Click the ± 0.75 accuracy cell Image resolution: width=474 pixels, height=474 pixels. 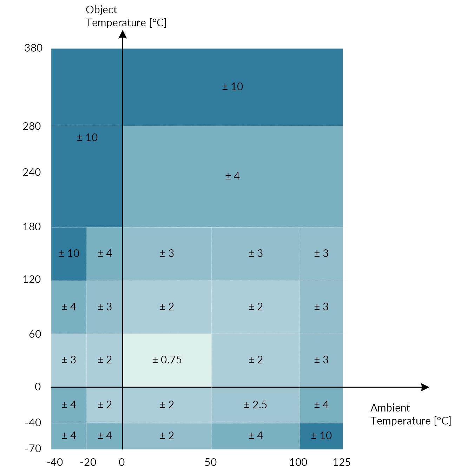coord(167,360)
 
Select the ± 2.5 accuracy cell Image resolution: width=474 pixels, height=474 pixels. coord(255,404)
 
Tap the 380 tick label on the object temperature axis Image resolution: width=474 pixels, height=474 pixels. coord(33,48)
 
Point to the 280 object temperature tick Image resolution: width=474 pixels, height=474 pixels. coord(32,126)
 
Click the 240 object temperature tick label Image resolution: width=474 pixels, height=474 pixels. coord(32,172)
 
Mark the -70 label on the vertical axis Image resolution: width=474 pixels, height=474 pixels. coord(33,448)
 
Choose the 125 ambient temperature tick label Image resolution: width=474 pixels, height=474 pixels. coord(341,462)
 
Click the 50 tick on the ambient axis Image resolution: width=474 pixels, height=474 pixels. coord(211,462)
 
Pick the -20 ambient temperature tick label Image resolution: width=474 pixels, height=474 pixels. coord(88,462)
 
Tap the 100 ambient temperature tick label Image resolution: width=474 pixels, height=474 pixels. coord(298,462)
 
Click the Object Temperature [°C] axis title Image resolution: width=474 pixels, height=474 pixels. coord(126,16)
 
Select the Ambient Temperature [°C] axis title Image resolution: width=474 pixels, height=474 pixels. coord(410,414)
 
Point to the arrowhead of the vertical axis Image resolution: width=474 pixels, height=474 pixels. coord(123,34)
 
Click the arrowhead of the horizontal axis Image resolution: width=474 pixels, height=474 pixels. coord(425,387)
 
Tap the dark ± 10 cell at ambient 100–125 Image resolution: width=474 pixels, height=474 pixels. coord(321,436)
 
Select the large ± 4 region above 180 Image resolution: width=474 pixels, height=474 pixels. coord(232,176)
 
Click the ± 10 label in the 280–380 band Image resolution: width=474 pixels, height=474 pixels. coord(232,87)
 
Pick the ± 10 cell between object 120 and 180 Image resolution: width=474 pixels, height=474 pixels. coord(69,254)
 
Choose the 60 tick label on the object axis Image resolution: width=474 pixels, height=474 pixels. coord(35,334)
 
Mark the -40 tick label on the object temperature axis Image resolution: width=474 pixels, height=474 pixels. coord(33,423)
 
